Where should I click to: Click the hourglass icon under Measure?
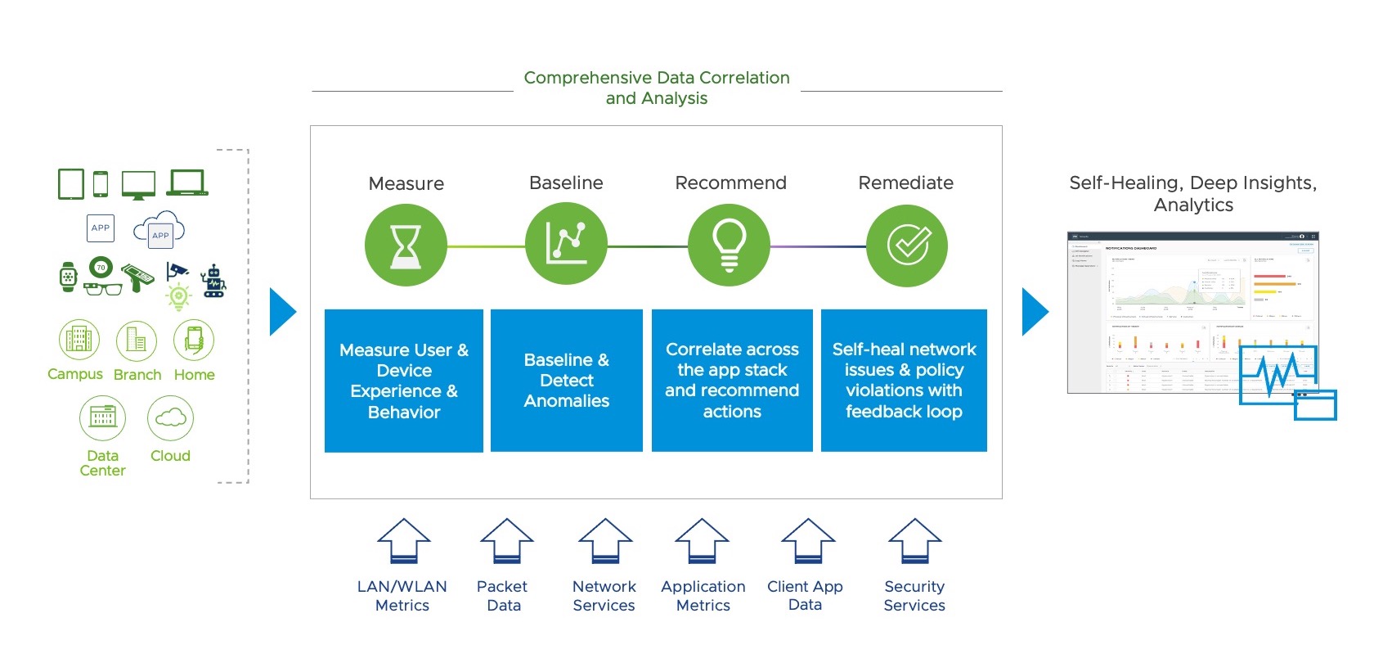point(406,246)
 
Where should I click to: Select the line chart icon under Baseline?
point(566,245)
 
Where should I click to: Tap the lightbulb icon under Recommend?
point(729,245)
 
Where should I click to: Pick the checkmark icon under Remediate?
point(907,246)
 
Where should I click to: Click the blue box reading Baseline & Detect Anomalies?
point(567,381)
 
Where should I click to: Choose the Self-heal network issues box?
point(904,381)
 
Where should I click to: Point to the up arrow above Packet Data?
point(506,542)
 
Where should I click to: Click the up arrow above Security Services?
point(914,542)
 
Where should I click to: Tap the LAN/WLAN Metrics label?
point(402,596)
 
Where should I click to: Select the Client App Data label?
point(805,596)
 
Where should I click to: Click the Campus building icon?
point(79,340)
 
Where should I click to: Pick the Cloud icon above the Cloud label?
point(170,417)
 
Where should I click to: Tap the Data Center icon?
point(102,417)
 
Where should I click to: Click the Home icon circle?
point(194,340)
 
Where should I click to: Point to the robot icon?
point(214,281)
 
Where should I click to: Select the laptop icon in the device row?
point(187,183)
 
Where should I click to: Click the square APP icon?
point(101,228)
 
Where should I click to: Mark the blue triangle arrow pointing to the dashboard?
point(1035,312)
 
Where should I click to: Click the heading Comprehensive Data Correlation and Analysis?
point(657,88)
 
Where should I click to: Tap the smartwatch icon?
point(69,277)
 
